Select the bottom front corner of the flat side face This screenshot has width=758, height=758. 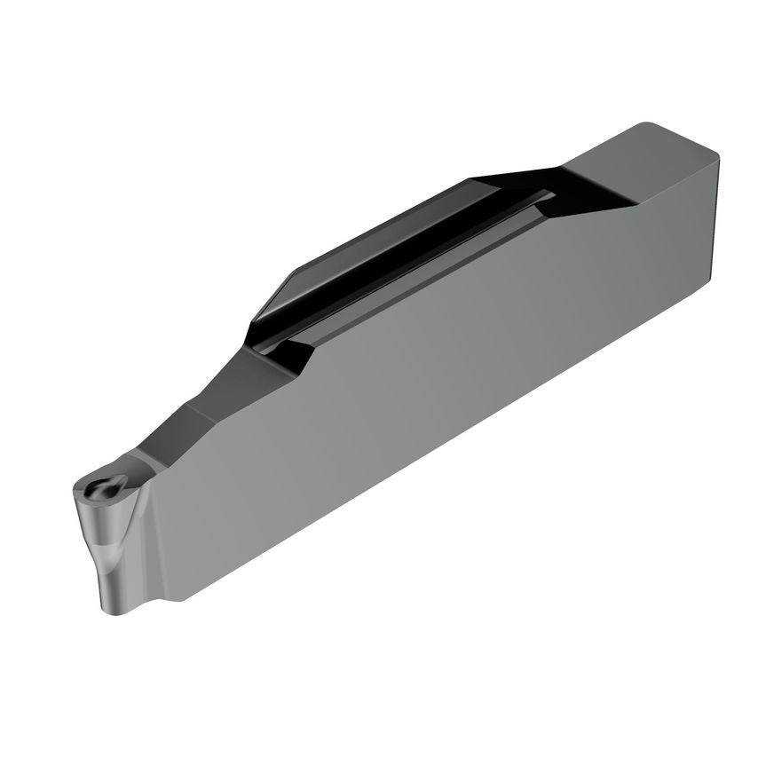178,600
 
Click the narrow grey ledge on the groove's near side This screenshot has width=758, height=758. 426,271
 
